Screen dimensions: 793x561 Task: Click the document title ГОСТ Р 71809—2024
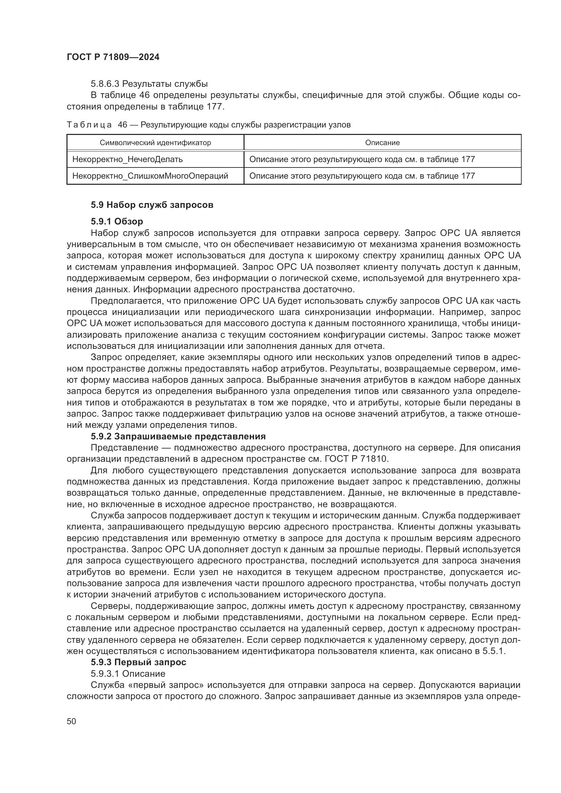(x=113, y=57)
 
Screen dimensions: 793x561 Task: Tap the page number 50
(x=71, y=721)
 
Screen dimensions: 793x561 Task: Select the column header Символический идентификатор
(x=155, y=143)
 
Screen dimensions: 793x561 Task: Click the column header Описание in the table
(x=382, y=143)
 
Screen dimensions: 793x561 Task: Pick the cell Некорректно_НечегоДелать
(x=128, y=159)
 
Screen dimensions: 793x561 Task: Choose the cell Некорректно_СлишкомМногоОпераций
(x=150, y=176)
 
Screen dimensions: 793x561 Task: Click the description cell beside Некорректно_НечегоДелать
(x=362, y=159)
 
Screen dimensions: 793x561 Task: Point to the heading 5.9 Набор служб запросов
(x=152, y=205)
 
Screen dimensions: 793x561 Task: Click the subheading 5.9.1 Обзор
(x=117, y=221)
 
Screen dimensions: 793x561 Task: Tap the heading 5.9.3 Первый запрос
(x=138, y=662)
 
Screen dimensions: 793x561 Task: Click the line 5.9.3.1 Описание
(x=128, y=674)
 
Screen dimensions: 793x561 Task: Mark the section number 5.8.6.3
(x=105, y=84)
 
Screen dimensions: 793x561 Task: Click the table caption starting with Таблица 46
(x=209, y=125)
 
